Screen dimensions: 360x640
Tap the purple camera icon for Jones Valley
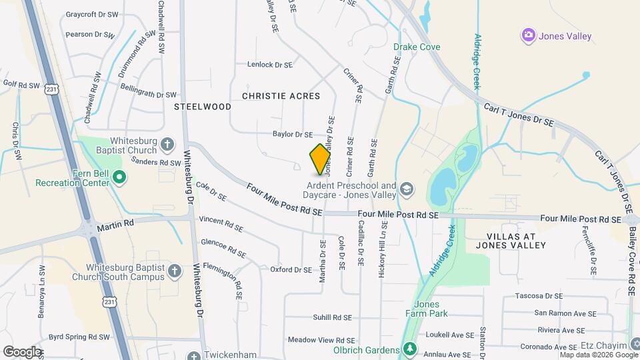tap(529, 35)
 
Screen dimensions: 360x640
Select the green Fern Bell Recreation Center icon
tap(119, 177)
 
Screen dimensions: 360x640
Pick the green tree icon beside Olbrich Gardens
tap(410, 349)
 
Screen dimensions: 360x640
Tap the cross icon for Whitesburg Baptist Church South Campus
tap(174, 271)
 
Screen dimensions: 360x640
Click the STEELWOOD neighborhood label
tap(203, 107)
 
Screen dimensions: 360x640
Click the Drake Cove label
tap(417, 47)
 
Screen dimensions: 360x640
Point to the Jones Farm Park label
tap(426, 309)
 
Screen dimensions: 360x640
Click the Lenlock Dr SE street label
tap(270, 65)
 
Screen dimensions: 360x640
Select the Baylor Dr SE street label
tap(293, 134)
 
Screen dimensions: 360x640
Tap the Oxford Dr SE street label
tap(291, 269)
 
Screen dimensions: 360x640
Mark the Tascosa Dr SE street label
tap(545, 295)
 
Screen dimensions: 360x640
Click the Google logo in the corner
tap(22, 351)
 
